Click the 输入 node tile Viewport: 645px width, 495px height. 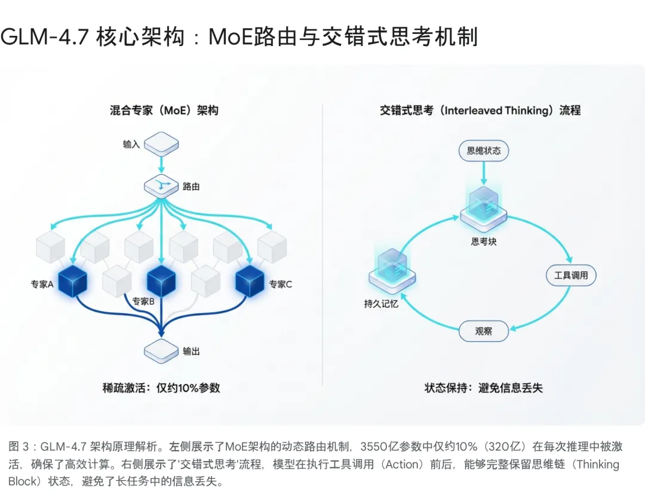click(161, 145)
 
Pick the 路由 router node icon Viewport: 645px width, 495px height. click(161, 187)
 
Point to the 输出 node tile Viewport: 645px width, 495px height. click(161, 350)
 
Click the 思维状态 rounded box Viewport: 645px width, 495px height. click(484, 151)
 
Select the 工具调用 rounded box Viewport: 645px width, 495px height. click(571, 275)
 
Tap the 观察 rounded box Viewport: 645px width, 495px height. click(484, 331)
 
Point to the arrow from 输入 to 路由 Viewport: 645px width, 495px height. click(161, 164)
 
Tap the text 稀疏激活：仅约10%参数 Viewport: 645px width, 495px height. click(161, 387)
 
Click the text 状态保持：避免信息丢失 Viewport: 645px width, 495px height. click(484, 387)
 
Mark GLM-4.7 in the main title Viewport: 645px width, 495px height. click(45, 37)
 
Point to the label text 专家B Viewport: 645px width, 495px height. click(143, 302)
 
